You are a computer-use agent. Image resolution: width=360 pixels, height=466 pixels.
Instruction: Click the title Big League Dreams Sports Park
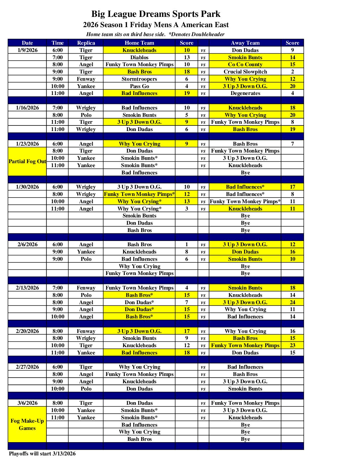(x=156, y=14)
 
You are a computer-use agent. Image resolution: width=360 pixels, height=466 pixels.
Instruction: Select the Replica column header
(x=86, y=43)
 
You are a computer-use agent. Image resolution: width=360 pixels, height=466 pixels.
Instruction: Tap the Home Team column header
(x=139, y=43)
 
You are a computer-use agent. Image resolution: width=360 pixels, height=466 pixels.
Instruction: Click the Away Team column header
(x=245, y=43)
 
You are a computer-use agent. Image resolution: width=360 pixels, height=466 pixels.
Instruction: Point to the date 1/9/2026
(x=27, y=50)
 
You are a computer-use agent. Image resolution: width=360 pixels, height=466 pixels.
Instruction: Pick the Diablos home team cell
(x=139, y=57)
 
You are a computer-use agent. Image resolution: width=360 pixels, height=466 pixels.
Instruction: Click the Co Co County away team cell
(x=245, y=65)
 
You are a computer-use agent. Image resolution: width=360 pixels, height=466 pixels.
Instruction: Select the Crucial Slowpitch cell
(x=245, y=71)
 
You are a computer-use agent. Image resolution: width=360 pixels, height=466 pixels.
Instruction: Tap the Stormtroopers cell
(x=139, y=79)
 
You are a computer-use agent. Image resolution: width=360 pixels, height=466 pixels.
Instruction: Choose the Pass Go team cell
(x=139, y=86)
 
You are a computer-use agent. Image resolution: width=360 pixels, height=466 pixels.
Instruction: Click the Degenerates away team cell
(x=245, y=93)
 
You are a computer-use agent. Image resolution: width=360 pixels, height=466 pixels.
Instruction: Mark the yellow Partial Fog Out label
(x=27, y=162)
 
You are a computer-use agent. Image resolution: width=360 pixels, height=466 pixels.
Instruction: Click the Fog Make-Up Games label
(x=27, y=424)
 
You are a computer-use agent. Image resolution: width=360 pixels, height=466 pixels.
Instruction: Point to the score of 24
(x=292, y=302)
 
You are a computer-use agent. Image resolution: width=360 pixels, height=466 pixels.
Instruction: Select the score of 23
(x=292, y=345)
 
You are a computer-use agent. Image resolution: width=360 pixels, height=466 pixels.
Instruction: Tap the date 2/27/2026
(x=27, y=367)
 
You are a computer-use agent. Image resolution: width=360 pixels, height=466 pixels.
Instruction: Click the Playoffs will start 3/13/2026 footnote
(x=42, y=453)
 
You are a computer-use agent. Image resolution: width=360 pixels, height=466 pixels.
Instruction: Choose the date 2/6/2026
(x=27, y=244)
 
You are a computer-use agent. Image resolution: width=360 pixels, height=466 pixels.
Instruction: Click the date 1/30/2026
(x=27, y=187)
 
